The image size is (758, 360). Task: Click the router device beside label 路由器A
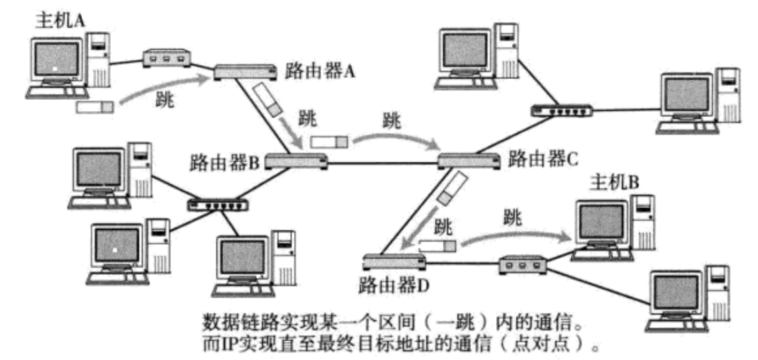tap(245, 70)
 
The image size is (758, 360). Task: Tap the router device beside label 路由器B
tap(296, 161)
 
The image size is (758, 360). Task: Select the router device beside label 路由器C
tap(468, 160)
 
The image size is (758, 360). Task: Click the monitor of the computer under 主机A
tap(57, 58)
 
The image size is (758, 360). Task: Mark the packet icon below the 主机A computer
tap(96, 107)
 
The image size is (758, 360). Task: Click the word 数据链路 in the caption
tap(228, 318)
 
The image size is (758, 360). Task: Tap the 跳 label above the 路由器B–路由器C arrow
tap(390, 122)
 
